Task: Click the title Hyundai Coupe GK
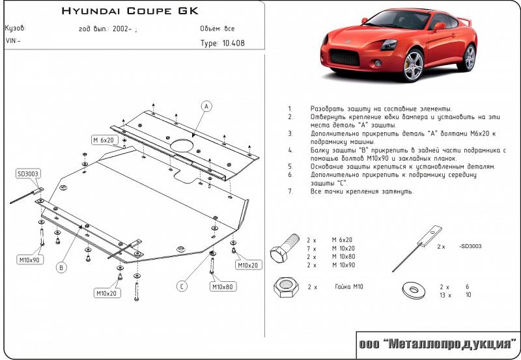point(130,11)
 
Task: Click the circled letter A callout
point(206,106)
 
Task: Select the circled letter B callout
point(61,268)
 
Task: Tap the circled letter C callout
point(182,286)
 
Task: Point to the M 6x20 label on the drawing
point(104,140)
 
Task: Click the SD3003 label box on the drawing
point(27,174)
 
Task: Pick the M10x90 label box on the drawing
point(29,260)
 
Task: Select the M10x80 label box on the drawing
point(223,286)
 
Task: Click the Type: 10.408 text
point(222,43)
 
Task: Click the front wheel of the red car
point(414,65)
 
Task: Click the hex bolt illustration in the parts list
point(285,248)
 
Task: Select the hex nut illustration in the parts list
point(285,287)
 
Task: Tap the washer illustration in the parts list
point(414,290)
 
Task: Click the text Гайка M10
point(349,286)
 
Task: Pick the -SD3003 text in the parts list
point(470,246)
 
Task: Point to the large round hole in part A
point(182,146)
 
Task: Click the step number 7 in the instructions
point(290,191)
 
